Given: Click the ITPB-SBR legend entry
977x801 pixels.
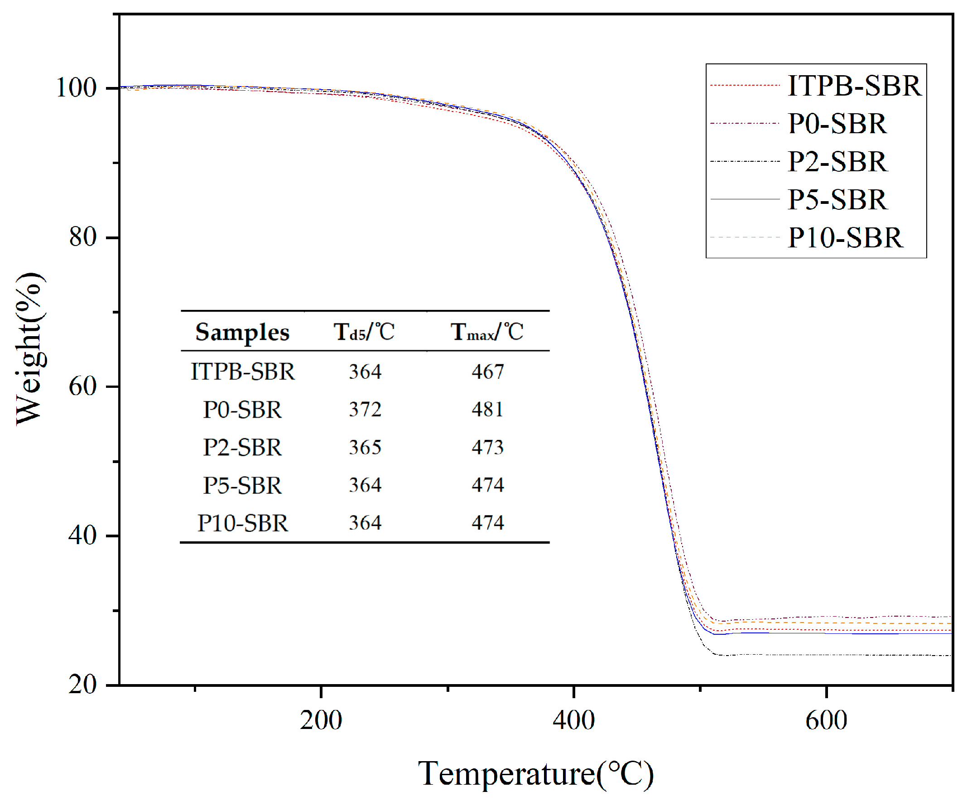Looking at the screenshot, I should coord(854,86).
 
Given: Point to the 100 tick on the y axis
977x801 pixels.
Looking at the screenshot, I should coord(76,88).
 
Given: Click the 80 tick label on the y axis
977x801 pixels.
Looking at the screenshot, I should coord(83,237).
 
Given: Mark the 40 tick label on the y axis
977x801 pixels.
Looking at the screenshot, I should coord(83,536).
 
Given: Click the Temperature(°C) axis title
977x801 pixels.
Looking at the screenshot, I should coord(535,773).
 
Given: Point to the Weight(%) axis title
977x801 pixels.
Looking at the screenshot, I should coord(30,348).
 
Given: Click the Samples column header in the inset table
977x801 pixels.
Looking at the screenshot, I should coord(242,332).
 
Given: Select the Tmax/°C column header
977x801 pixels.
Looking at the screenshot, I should coord(487,332).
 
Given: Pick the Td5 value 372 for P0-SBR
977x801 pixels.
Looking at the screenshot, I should coord(365,410).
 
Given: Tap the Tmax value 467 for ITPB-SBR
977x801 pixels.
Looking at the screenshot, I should coord(487,372).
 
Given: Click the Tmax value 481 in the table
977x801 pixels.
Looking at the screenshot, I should coord(487,410).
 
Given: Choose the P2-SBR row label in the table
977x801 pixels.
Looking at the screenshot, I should coord(242,448).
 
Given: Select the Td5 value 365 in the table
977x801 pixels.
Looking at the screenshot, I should coord(365,448).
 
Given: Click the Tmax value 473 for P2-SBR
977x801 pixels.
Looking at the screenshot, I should coord(487,448).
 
